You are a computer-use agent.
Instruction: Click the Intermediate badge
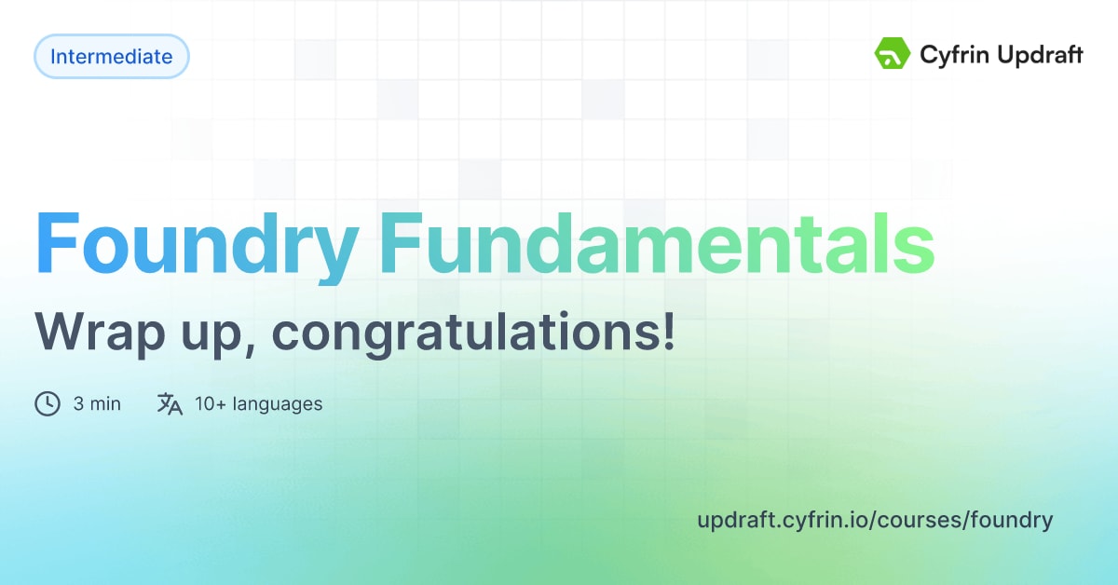111,57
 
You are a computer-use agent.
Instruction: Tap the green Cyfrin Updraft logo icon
892,55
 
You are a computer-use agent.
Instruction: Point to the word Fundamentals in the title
657,243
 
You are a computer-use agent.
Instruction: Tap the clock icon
48,404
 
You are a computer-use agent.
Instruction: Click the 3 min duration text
97,404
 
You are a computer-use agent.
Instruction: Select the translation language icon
170,404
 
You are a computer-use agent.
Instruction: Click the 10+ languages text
258,404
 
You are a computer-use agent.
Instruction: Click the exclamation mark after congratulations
667,331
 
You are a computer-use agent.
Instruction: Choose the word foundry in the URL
1011,520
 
